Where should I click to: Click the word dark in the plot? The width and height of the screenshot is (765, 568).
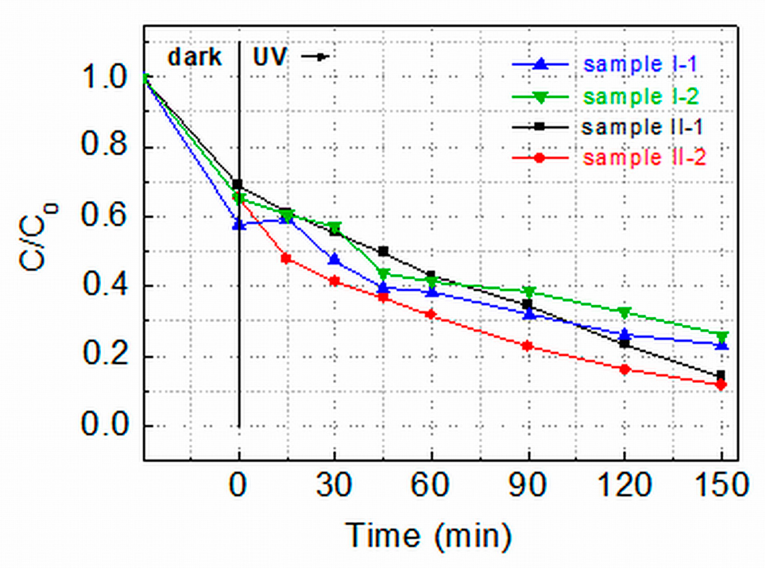[195, 57]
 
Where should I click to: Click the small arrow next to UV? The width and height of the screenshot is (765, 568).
[316, 57]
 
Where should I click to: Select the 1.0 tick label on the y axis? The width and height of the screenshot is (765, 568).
[104, 77]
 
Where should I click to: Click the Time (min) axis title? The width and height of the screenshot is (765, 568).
[428, 536]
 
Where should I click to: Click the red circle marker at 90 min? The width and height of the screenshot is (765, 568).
[527, 346]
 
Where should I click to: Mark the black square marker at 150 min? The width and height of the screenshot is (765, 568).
[720, 375]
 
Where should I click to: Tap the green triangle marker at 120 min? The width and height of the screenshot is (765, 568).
[625, 313]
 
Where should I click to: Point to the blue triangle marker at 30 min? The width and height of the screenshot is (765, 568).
[334, 259]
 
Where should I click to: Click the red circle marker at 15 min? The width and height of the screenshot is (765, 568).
[286, 258]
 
